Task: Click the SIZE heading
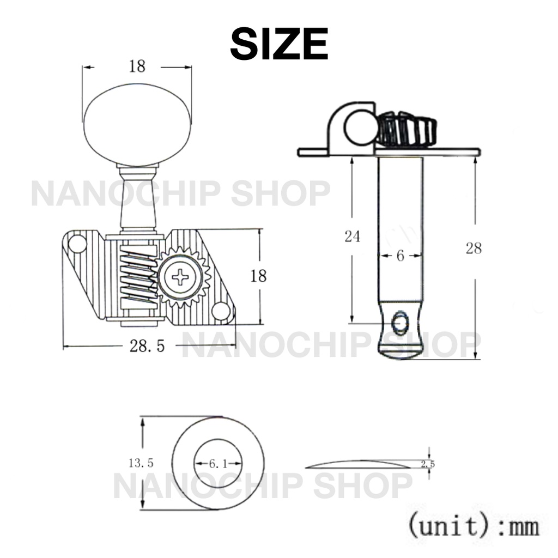[279, 44]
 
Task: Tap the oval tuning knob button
[137, 125]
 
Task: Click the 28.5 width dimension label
[147, 346]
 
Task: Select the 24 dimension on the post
[353, 236]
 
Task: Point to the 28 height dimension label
[474, 248]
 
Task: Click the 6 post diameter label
[401, 256]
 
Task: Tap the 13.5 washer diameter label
[141, 463]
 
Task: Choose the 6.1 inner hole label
[218, 464]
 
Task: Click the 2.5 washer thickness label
[428, 464]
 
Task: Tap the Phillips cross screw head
[181, 277]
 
